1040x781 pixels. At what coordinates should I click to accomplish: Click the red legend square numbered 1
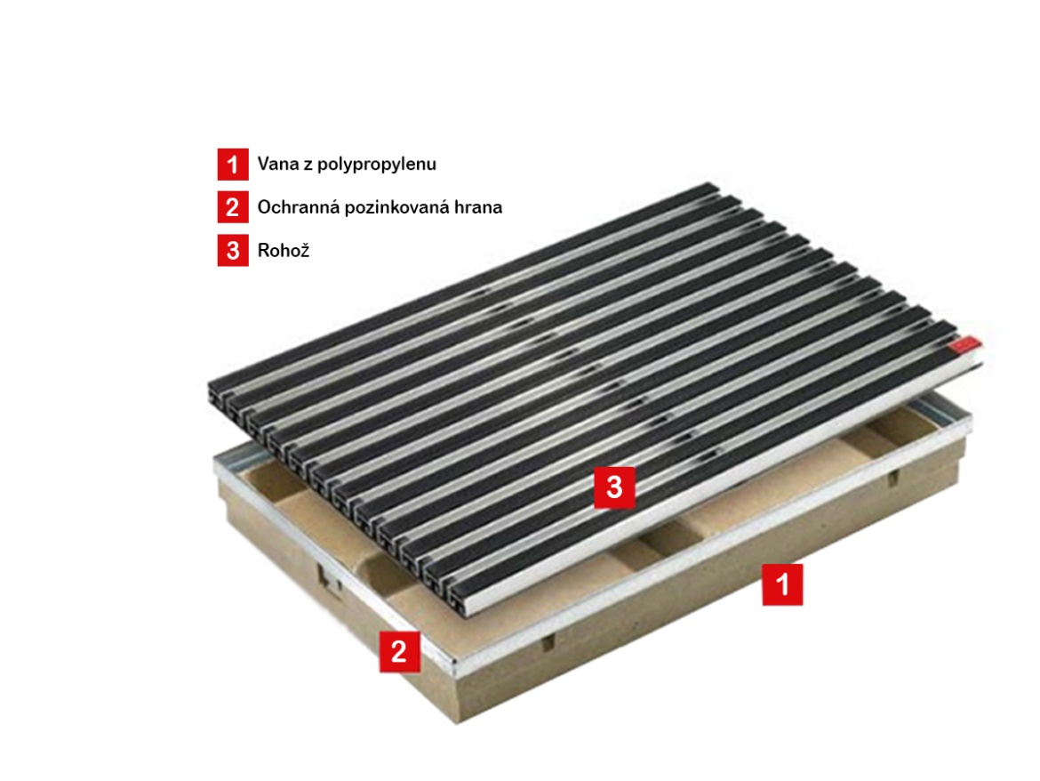click(233, 164)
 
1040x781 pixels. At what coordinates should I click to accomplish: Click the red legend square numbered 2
click(233, 207)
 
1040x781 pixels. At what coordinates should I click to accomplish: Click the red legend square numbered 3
click(233, 250)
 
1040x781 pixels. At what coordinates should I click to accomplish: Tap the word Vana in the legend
click(278, 164)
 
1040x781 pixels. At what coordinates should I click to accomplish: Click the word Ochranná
click(298, 207)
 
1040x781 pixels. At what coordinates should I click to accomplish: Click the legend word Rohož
click(284, 250)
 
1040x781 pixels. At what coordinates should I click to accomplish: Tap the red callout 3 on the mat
click(614, 487)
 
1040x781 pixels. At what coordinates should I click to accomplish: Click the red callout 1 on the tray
click(782, 584)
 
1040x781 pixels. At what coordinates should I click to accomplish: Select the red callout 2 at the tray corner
click(399, 652)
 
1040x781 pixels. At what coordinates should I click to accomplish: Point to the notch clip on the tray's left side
click(329, 578)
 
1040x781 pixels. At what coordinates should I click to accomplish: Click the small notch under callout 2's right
click(548, 641)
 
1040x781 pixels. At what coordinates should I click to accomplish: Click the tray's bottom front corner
click(457, 722)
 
